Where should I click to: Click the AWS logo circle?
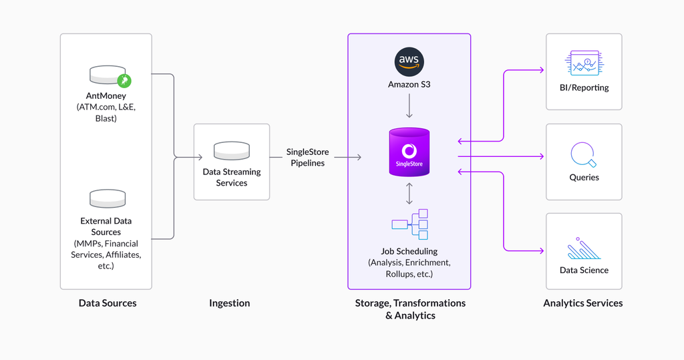point(409,62)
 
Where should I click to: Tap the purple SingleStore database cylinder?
point(409,152)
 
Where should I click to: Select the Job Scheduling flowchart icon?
point(409,224)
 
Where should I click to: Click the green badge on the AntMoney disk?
point(124,80)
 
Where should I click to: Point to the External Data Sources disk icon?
point(108,198)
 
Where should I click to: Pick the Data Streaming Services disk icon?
point(232,150)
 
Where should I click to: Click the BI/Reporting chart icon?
point(584,63)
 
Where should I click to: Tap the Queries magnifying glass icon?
point(584,154)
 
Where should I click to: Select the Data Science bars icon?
point(584,248)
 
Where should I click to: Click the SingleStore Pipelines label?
point(307,158)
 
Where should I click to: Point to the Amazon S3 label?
point(409,85)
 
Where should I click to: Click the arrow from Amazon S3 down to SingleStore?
point(409,106)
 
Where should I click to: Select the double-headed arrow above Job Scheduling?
point(409,193)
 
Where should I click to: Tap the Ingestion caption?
point(230,303)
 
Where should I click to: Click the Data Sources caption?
point(108,303)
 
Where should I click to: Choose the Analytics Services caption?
point(582,303)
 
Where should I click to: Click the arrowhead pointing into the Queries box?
point(542,156)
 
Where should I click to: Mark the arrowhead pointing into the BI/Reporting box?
point(542,70)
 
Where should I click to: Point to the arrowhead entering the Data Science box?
point(542,251)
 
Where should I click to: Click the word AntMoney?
point(106,96)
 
